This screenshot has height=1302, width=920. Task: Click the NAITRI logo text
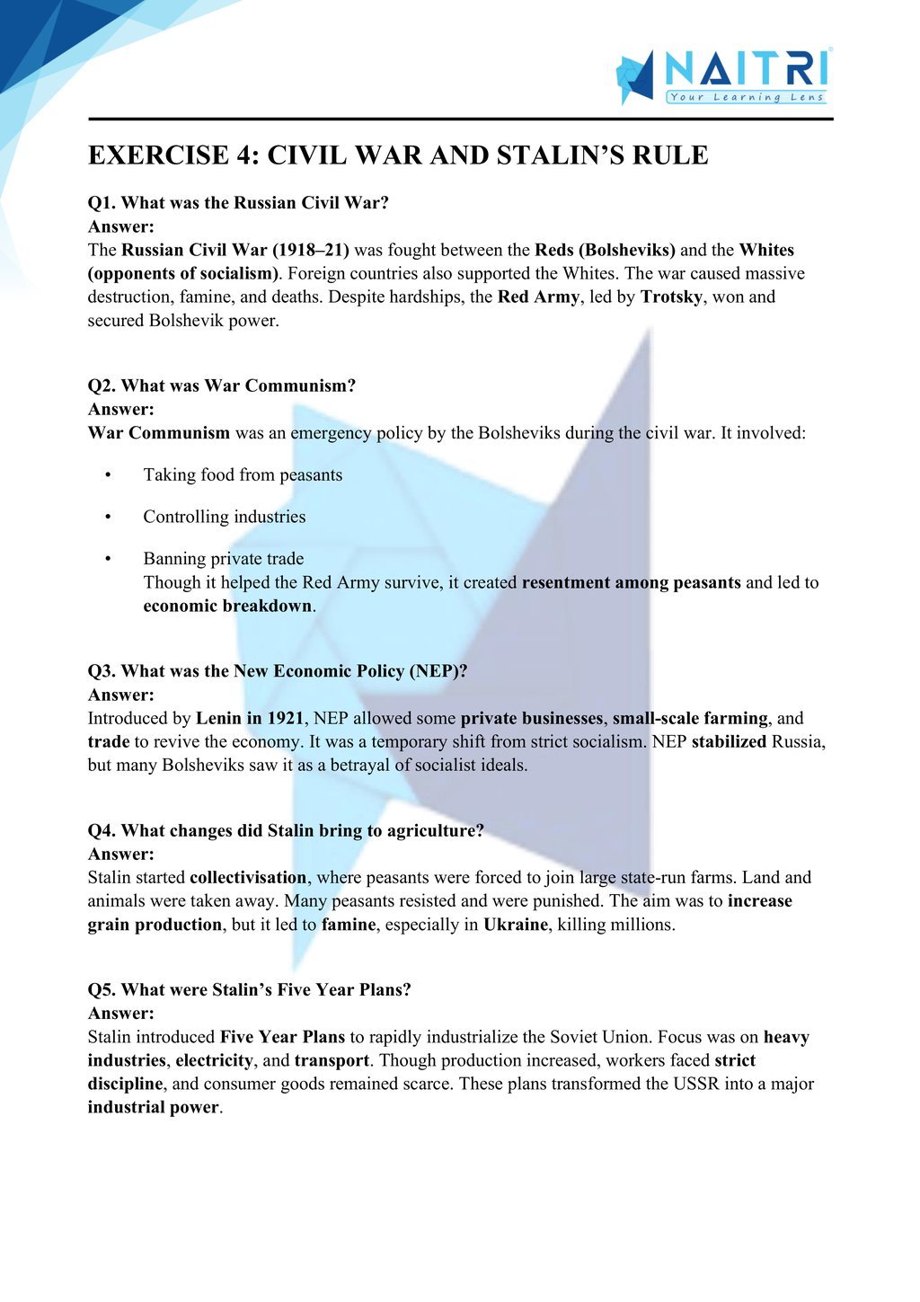(746, 69)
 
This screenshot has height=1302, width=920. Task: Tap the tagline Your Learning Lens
(746, 97)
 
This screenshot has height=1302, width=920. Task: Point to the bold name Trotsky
(671, 297)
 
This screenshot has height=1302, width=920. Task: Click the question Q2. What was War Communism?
(222, 385)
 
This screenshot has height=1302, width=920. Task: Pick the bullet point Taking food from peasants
(243, 474)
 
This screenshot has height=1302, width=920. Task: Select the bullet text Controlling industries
(225, 517)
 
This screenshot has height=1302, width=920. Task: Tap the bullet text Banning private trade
(224, 559)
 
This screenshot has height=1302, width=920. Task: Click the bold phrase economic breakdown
(227, 606)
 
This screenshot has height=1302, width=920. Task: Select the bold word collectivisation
(248, 877)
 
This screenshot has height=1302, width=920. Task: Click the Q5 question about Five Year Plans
(250, 989)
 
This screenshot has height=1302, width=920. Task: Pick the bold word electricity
(215, 1060)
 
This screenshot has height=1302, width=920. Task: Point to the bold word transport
(332, 1060)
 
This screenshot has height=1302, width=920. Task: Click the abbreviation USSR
(696, 1084)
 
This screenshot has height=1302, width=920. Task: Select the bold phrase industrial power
(153, 1107)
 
